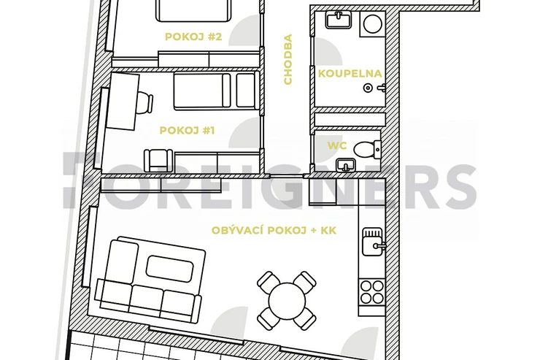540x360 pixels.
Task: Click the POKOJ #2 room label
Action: point(193,37)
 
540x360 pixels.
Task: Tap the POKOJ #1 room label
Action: point(187,131)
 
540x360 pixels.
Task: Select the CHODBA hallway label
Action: point(288,59)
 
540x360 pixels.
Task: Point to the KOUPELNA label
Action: point(350,74)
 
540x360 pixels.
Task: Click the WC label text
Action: point(337,146)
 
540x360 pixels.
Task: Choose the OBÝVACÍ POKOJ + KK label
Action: point(274,231)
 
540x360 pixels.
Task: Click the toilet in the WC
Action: point(367,150)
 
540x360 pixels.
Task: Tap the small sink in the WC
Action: point(345,165)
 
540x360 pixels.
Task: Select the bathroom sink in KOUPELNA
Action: point(339,19)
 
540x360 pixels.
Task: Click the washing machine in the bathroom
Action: point(373,24)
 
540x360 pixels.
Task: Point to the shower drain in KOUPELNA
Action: point(369,88)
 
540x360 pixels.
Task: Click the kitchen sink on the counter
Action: point(372,242)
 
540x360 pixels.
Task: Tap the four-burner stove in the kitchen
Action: point(372,292)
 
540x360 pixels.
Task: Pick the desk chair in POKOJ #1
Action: point(145,102)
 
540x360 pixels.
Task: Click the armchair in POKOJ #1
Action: point(158,161)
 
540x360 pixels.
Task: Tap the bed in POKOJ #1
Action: point(216,91)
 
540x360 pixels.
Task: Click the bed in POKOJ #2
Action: point(194,10)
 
